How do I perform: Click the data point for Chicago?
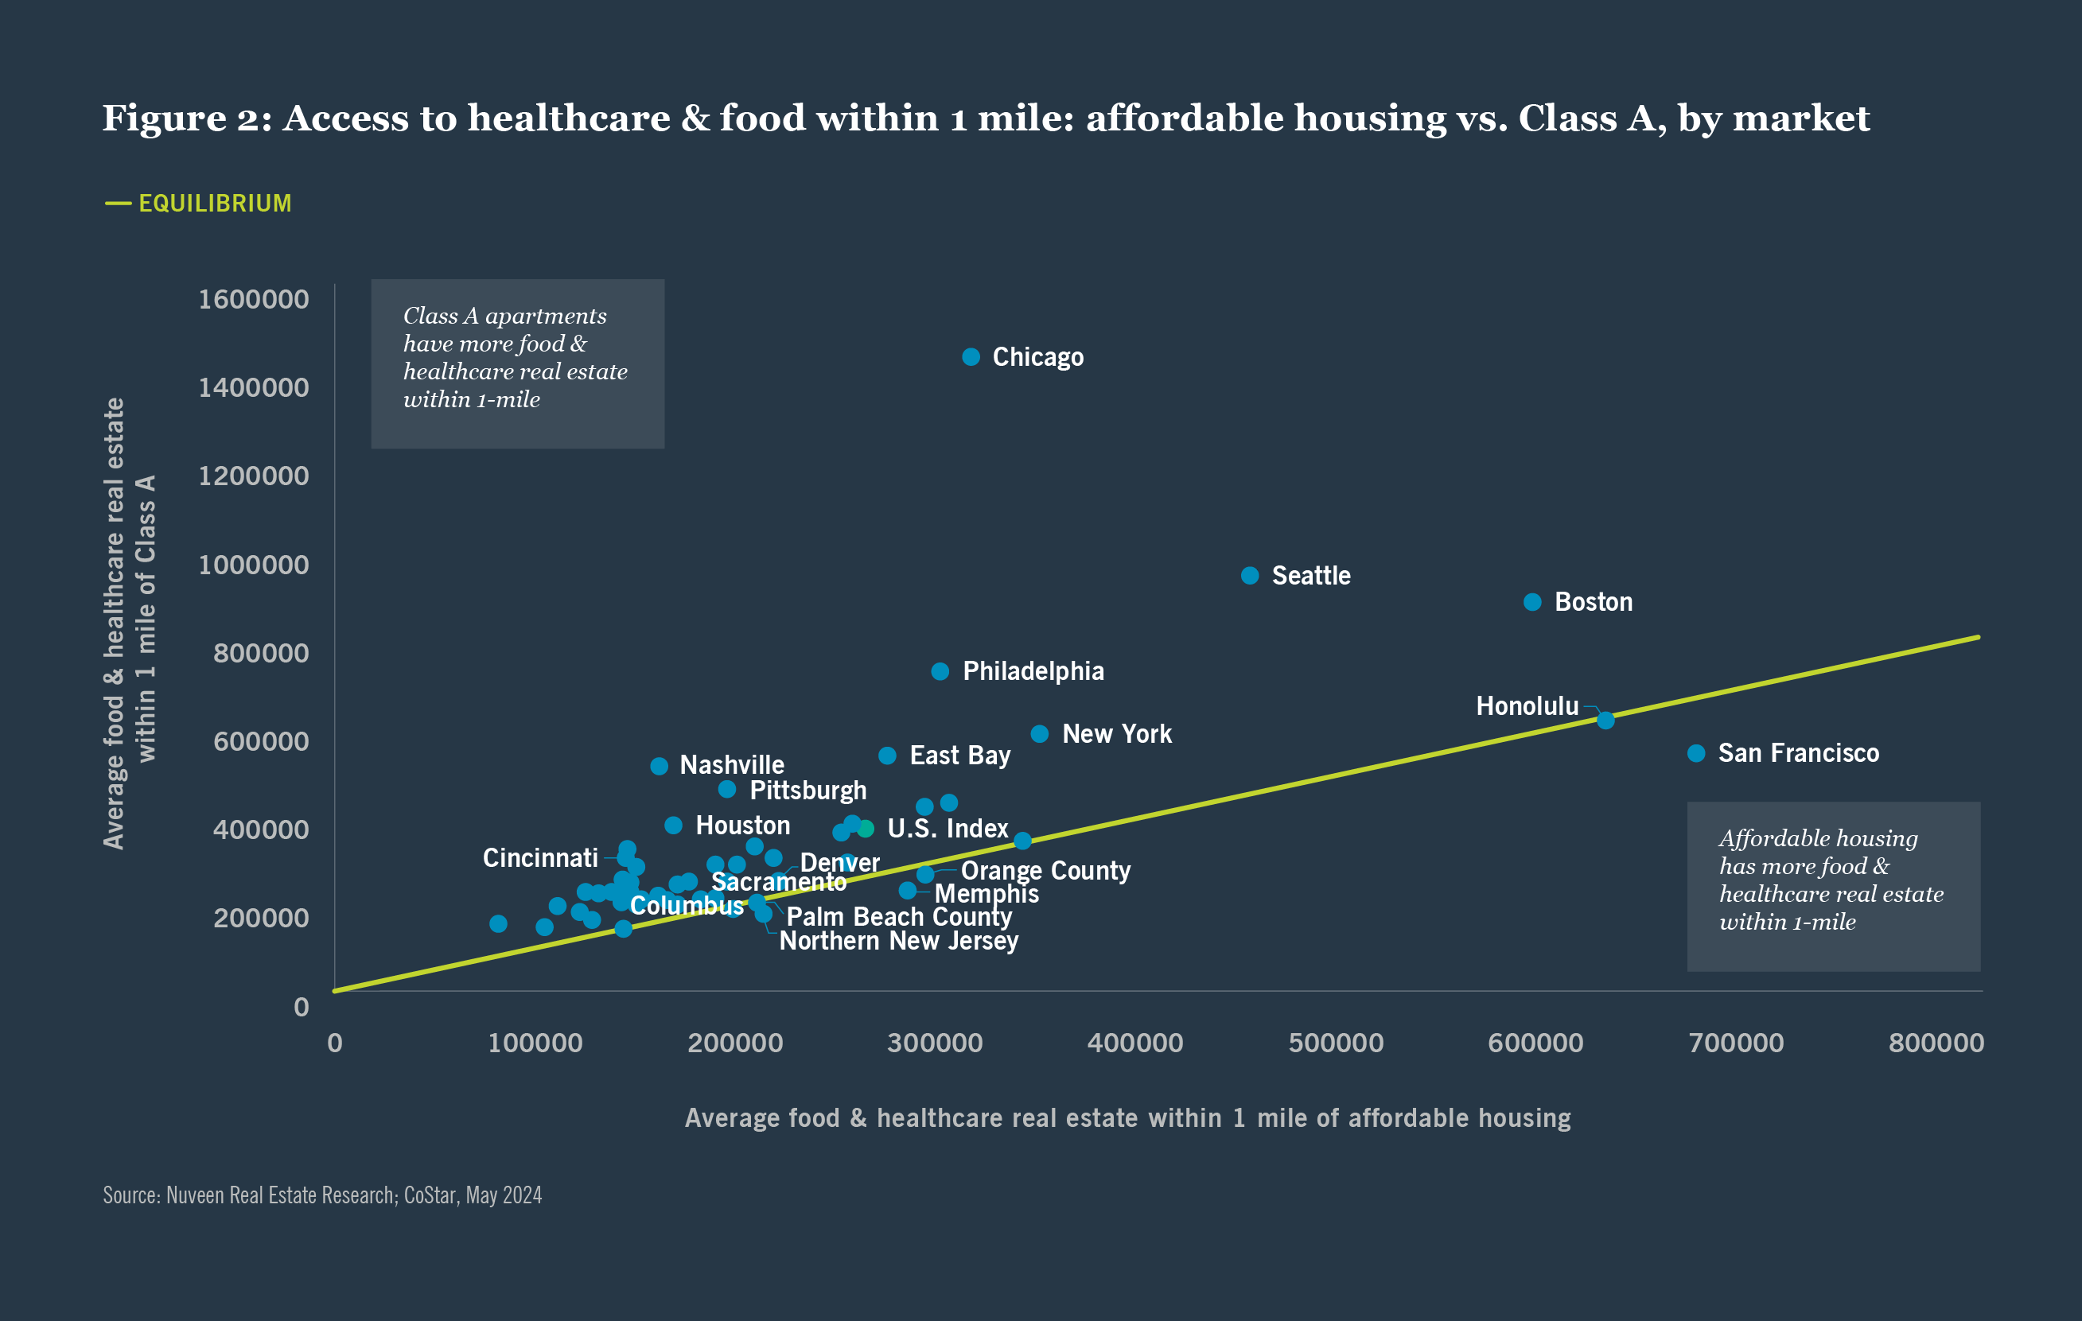pyautogui.click(x=971, y=357)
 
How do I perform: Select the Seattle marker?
pyautogui.click(x=1249, y=576)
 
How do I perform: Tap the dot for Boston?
pyautogui.click(x=1532, y=602)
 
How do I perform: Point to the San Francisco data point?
pyautogui.click(x=1696, y=753)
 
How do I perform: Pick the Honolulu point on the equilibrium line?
pyautogui.click(x=1605, y=721)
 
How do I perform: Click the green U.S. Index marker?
pyautogui.click(x=866, y=828)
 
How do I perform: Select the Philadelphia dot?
pyautogui.click(x=940, y=671)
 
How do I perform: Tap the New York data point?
pyautogui.click(x=1040, y=734)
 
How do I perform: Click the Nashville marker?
pyautogui.click(x=659, y=766)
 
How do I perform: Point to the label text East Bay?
pyautogui.click(x=959, y=756)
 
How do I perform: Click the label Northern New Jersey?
pyautogui.click(x=898, y=941)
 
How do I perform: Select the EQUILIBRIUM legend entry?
pyautogui.click(x=215, y=203)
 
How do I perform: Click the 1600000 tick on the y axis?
pyautogui.click(x=253, y=299)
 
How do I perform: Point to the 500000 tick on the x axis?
pyautogui.click(x=1336, y=1043)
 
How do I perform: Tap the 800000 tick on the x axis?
pyautogui.click(x=1936, y=1043)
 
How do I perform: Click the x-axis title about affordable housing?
pyautogui.click(x=1127, y=1118)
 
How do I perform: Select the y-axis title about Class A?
pyautogui.click(x=130, y=623)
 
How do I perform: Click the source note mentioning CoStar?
pyautogui.click(x=322, y=1195)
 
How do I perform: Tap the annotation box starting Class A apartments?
pyautogui.click(x=517, y=363)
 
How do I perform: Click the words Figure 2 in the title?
pyautogui.click(x=187, y=119)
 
